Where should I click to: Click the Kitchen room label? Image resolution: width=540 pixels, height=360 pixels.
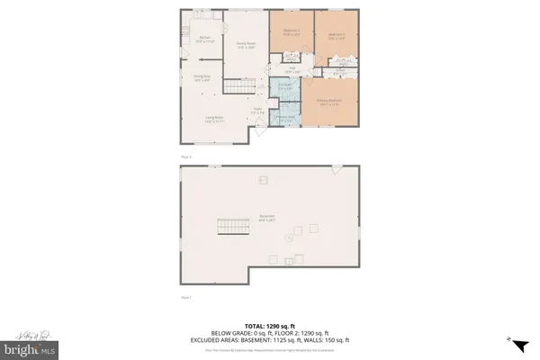[204, 39]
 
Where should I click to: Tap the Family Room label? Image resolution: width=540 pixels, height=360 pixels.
[246, 45]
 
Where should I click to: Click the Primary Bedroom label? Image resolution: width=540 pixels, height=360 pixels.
[327, 103]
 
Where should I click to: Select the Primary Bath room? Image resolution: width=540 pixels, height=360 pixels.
[285, 117]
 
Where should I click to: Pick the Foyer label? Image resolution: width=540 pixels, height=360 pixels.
[257, 110]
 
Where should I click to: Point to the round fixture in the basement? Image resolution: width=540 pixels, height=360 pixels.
[287, 238]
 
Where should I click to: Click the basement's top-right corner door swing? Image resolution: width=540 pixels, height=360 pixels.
[336, 170]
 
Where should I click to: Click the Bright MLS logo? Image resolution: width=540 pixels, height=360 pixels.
[29, 346]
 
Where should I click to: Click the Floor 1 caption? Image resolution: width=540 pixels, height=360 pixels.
[187, 296]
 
